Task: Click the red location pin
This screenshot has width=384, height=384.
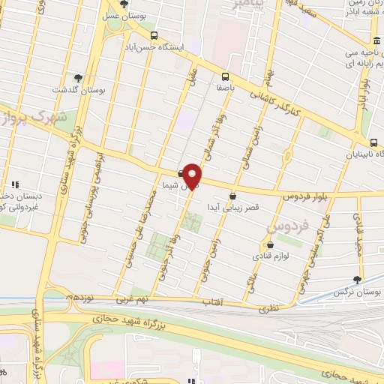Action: [193, 175]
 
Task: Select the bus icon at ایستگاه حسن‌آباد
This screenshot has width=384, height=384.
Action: [154, 34]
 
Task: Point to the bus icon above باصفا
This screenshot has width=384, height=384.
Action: [225, 76]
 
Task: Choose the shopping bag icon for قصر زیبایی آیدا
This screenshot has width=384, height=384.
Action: [232, 196]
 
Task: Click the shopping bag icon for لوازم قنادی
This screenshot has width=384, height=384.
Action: [270, 244]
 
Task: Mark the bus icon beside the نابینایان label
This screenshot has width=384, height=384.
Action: [373, 143]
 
